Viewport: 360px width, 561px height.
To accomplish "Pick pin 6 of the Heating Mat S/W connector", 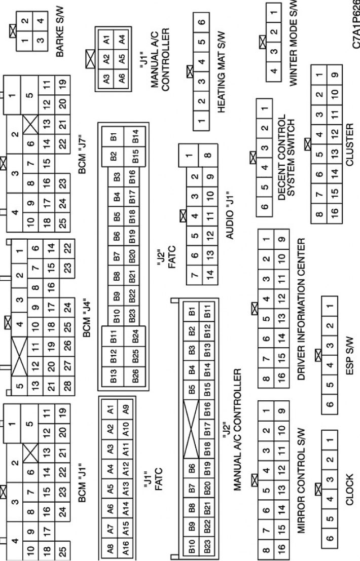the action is [x=201, y=22].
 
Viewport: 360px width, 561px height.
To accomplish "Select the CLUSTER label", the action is [x=349, y=144].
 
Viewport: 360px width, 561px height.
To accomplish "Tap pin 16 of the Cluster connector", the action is [x=334, y=211].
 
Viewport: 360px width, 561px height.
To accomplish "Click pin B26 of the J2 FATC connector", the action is [x=135, y=377].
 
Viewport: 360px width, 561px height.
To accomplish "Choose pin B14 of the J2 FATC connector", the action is [x=135, y=136].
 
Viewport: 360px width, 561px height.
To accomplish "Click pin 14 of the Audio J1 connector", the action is [x=210, y=274].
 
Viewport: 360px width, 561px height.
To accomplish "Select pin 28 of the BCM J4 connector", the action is [x=67, y=385].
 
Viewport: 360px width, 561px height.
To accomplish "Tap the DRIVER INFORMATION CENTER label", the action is [x=301, y=310].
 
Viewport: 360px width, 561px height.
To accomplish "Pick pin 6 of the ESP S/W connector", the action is [x=330, y=404].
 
